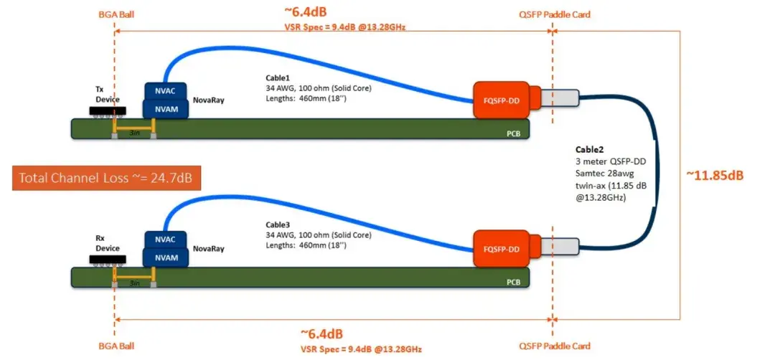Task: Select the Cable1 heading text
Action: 278,77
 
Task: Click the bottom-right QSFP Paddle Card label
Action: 555,346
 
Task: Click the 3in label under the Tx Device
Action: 133,133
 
